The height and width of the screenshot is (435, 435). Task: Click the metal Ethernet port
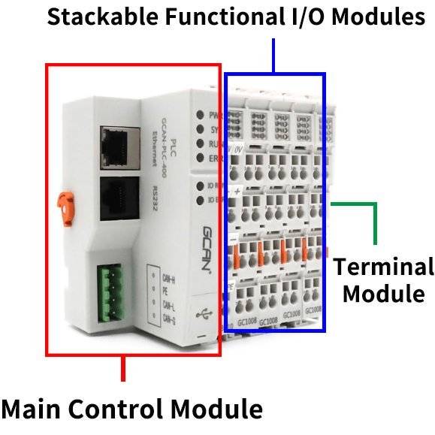click(117, 142)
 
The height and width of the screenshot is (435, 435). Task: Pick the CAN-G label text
click(171, 322)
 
